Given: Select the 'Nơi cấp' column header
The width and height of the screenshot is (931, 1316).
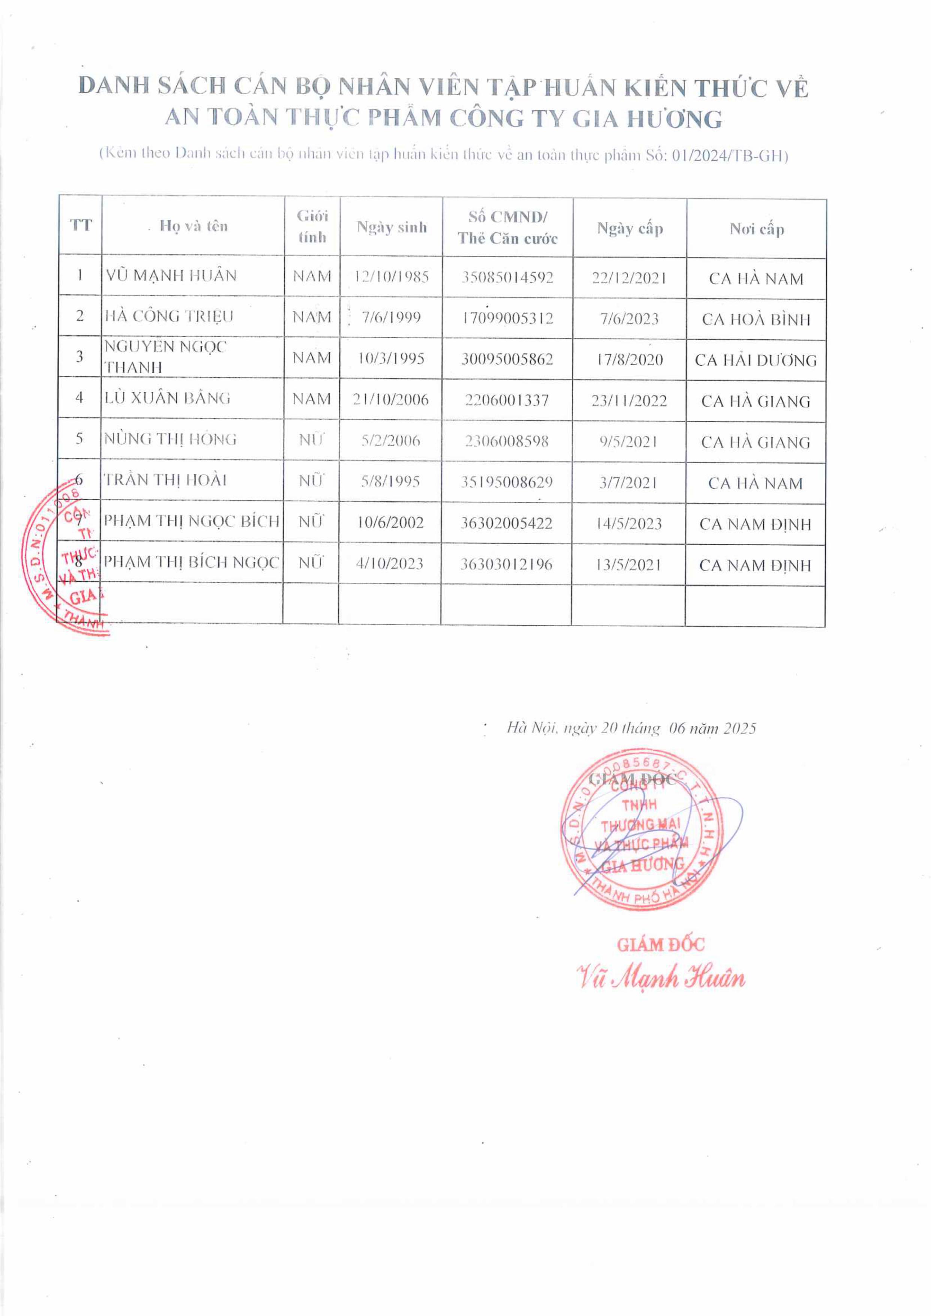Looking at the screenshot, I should (756, 229).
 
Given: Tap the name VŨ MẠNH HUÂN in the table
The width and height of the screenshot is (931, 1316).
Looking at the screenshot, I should (171, 276).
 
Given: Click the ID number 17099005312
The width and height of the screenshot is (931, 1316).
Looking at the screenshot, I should (508, 318).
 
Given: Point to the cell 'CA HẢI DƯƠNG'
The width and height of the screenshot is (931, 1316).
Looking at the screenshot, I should (755, 360).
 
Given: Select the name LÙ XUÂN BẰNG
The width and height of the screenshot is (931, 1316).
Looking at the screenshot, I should (167, 398).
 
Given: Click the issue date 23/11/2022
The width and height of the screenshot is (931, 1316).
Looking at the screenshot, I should (629, 401).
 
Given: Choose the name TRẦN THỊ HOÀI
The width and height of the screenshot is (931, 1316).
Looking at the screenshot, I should (165, 480).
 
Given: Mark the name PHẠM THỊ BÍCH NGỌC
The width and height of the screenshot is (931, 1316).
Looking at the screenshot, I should (191, 562).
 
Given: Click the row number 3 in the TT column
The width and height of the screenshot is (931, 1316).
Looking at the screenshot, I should (80, 357).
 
